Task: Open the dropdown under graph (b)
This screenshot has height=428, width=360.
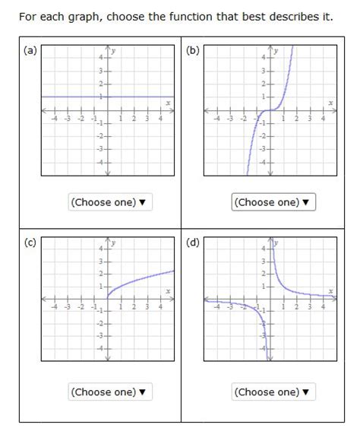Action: coord(273,202)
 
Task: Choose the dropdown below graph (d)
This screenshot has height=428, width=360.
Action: coord(273,392)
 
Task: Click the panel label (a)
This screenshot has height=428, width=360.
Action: coord(30,51)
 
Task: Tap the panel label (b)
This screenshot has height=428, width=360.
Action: coord(192,51)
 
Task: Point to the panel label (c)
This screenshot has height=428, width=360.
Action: coord(30,243)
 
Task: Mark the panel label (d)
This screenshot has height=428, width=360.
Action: coord(192,243)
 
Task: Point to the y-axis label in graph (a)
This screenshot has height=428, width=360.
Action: coord(114,51)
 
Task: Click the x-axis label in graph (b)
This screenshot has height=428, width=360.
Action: coord(330,103)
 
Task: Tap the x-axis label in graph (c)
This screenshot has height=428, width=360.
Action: coord(168,292)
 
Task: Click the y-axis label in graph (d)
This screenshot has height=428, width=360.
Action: coord(276,243)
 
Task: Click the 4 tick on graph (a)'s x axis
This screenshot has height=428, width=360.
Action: coord(160,119)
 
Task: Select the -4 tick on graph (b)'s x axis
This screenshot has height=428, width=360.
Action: coord(217,119)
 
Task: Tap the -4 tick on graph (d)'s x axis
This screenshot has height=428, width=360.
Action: coord(217,308)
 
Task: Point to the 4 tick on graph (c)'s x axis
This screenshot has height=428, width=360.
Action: coord(160,308)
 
